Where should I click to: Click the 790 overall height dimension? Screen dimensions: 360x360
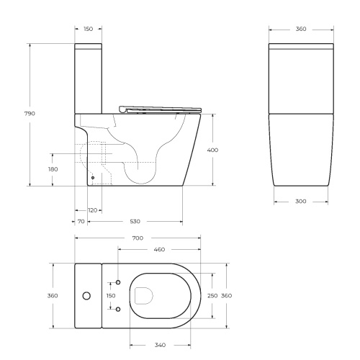[30, 114]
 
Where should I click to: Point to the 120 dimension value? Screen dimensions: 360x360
[92, 210]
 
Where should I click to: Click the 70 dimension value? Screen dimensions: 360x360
[81, 222]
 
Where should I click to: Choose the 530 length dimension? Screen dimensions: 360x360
[135, 222]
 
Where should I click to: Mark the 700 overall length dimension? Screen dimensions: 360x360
[137, 238]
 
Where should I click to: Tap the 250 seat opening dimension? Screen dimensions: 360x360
[212, 295]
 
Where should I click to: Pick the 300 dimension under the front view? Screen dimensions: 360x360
[300, 201]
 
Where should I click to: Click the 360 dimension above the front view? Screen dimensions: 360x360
[301, 30]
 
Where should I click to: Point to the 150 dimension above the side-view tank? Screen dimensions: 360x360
[88, 30]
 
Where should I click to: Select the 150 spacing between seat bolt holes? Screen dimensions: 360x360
[111, 295]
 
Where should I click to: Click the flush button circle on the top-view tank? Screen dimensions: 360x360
[87, 295]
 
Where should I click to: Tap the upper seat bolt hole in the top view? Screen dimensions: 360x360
[119, 282]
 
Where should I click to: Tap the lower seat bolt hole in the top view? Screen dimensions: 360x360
[119, 309]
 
